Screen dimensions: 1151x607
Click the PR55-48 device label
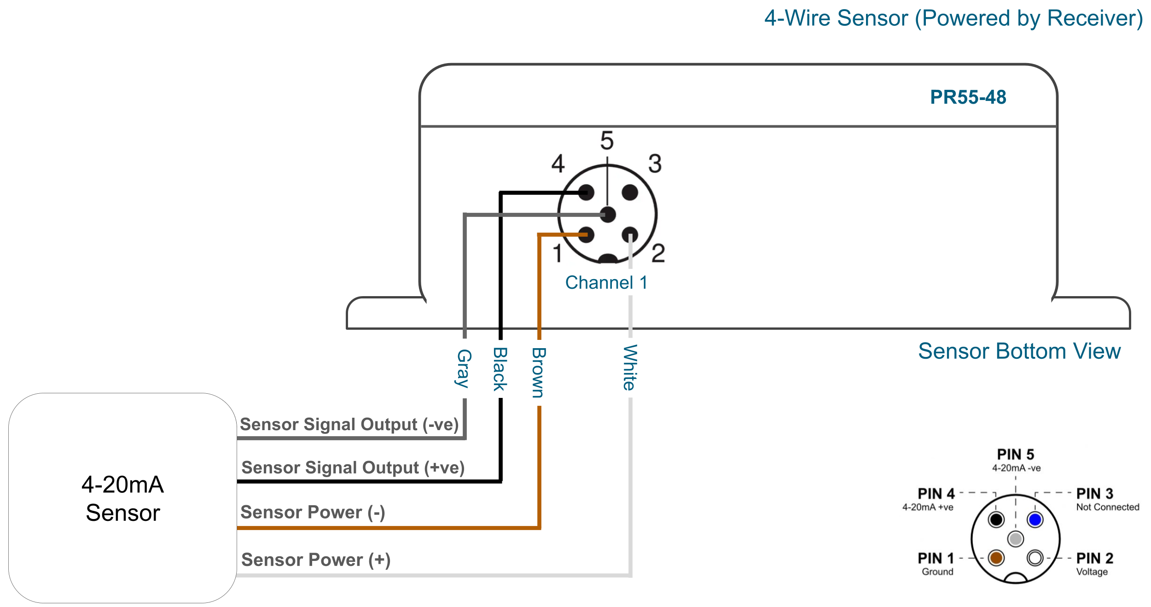[968, 97]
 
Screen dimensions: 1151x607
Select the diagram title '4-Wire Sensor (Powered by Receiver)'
[953, 19]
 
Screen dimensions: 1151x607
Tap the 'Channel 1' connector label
[606, 282]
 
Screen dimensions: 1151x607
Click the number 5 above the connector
[607, 140]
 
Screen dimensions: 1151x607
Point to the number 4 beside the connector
[558, 163]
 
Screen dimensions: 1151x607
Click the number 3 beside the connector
[655, 163]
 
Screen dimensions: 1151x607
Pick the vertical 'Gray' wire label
[464, 368]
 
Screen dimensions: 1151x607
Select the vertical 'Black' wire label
[500, 369]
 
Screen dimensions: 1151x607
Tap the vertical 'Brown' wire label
[539, 372]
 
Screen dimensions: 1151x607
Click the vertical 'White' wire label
[630, 367]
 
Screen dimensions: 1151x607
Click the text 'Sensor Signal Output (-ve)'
[349, 424]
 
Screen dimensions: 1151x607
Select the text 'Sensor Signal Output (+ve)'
[353, 467]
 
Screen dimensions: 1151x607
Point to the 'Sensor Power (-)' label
[313, 512]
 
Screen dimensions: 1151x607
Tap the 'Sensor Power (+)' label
[316, 560]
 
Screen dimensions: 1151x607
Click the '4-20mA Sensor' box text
[122, 498]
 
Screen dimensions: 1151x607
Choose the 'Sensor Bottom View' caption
[1019, 351]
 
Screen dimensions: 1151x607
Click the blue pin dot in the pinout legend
[1035, 519]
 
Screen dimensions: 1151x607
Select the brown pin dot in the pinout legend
[996, 558]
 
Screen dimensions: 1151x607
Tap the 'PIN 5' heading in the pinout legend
[1016, 455]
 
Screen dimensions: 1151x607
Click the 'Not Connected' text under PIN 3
[1108, 507]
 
